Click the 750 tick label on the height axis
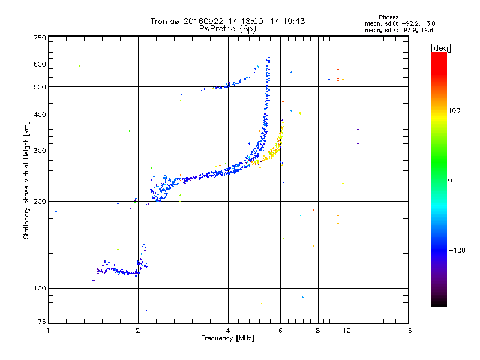[39, 38]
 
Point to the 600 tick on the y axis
[39, 64]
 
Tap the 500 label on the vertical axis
[39, 87]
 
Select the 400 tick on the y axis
[39, 115]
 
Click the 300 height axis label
[39, 151]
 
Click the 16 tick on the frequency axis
[407, 331]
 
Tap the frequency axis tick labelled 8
[318, 331]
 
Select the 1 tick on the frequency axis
[48, 331]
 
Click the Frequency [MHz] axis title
[228, 338]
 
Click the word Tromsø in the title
[167, 21]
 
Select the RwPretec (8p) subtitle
[228, 28]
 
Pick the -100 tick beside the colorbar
[460, 250]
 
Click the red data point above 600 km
[371, 62]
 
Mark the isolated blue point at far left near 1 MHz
[56, 211]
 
